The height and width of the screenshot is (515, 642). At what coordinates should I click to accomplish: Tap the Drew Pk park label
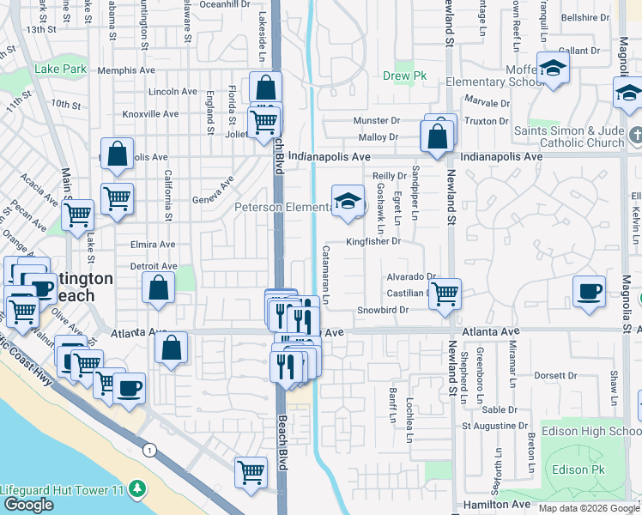pyautogui.click(x=397, y=75)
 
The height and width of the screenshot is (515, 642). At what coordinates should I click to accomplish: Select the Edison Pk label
pyautogui.click(x=580, y=470)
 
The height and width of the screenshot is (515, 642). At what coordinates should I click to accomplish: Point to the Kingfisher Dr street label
pyautogui.click(x=373, y=242)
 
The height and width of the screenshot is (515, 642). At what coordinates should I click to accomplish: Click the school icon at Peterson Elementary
pyautogui.click(x=347, y=203)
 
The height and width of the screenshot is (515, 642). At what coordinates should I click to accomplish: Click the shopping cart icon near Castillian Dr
pyautogui.click(x=445, y=294)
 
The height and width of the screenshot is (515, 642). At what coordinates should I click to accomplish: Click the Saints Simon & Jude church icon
pyautogui.click(x=634, y=136)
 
